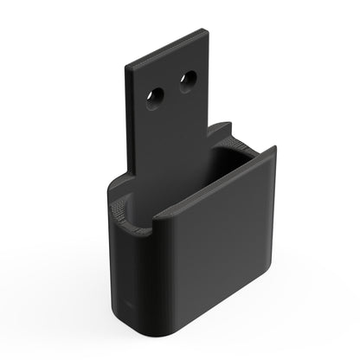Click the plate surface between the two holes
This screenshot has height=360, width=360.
[171, 91]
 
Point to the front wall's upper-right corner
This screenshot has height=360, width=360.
[273, 149]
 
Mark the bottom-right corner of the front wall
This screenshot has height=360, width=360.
[268, 299]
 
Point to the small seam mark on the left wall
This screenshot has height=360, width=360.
[128, 305]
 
